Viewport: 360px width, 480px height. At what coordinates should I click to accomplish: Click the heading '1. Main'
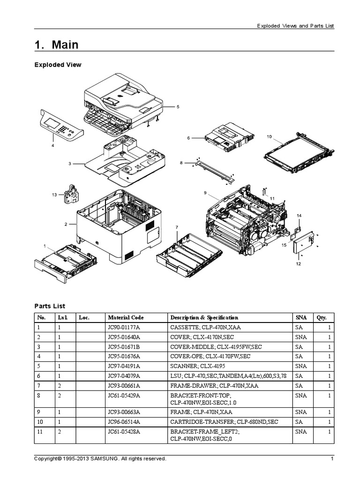click(x=56, y=45)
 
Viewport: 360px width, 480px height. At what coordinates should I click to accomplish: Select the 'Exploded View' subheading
click(x=58, y=65)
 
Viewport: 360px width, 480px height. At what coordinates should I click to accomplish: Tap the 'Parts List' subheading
click(x=50, y=306)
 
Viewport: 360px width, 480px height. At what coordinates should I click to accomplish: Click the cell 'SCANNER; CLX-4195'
click(x=197, y=367)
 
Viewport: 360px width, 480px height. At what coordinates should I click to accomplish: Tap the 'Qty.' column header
click(x=321, y=317)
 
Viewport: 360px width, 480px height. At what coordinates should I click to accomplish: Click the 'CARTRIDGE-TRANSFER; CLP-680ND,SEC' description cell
click(x=224, y=422)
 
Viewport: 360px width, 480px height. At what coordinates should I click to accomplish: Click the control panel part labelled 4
click(x=61, y=125)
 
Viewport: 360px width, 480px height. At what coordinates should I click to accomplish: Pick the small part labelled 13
click(x=69, y=194)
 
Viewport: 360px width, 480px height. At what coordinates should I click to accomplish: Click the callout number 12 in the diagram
click(x=298, y=264)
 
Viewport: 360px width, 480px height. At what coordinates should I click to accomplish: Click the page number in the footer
click(x=332, y=459)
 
